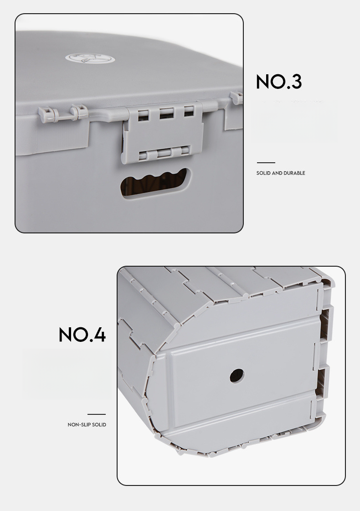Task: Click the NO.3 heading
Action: [279, 82]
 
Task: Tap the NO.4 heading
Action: [82, 335]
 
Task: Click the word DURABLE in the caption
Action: [295, 173]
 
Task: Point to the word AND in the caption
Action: [278, 173]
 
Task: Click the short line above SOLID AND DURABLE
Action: [266, 162]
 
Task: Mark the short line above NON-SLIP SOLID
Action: [96, 414]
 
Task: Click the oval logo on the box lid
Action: [90, 59]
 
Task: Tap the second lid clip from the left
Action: [78, 111]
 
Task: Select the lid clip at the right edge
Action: [237, 98]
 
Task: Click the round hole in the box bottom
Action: [237, 376]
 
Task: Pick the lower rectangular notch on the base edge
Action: [322, 382]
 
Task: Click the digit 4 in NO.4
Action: [98, 335]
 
